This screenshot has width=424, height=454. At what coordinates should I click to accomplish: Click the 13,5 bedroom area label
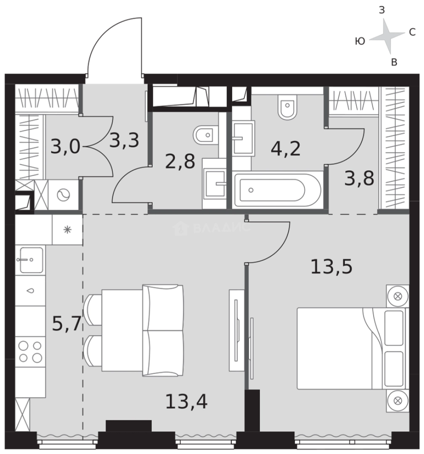(331, 267)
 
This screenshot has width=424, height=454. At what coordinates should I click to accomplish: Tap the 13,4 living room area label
(186, 401)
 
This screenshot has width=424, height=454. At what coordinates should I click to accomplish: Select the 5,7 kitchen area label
(66, 323)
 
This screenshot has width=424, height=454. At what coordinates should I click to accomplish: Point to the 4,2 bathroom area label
(286, 149)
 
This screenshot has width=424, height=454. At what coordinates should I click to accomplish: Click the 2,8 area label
(180, 161)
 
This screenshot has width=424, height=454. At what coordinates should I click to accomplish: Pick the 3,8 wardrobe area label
(359, 178)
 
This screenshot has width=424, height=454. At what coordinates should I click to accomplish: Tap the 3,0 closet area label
(65, 146)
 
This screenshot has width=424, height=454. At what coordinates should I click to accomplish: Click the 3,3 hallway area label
(124, 140)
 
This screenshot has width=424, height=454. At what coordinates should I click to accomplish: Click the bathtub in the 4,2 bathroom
(278, 190)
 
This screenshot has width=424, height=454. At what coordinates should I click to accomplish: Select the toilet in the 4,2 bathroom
(287, 106)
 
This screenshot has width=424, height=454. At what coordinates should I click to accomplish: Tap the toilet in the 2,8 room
(206, 135)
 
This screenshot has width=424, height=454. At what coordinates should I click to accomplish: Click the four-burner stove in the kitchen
(30, 352)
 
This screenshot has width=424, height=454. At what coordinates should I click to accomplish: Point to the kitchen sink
(30, 260)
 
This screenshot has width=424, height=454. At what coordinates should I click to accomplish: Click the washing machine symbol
(64, 195)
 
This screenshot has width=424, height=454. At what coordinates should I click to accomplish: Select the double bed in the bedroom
(353, 348)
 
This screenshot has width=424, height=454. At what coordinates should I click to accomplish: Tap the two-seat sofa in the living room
(163, 330)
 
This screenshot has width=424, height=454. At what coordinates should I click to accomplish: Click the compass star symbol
(387, 36)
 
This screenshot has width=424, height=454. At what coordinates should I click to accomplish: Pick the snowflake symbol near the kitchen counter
(68, 230)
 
